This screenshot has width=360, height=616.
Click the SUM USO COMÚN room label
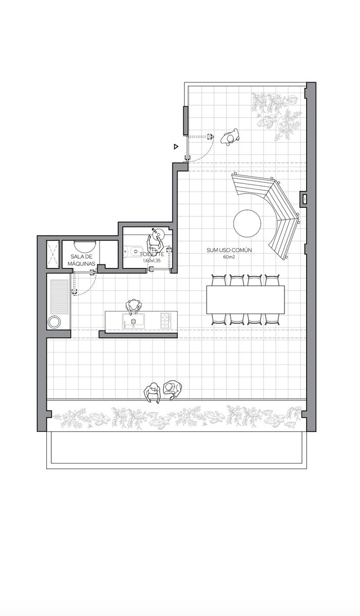point(230,251)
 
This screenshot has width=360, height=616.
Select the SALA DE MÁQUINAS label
point(82,260)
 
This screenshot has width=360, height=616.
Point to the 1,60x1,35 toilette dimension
point(151,260)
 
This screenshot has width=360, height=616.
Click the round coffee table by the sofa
point(247,223)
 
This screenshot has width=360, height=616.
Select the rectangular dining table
point(245,299)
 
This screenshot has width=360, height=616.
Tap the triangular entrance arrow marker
point(176,147)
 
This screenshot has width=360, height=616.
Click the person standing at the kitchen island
point(134,306)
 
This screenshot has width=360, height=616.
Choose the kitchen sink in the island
point(134,321)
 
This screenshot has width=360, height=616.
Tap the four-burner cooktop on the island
point(166,321)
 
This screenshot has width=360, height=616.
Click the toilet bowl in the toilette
point(134,251)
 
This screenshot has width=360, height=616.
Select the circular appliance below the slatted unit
point(54,321)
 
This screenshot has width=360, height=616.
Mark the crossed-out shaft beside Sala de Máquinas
point(52,255)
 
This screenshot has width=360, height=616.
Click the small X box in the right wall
point(304,198)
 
